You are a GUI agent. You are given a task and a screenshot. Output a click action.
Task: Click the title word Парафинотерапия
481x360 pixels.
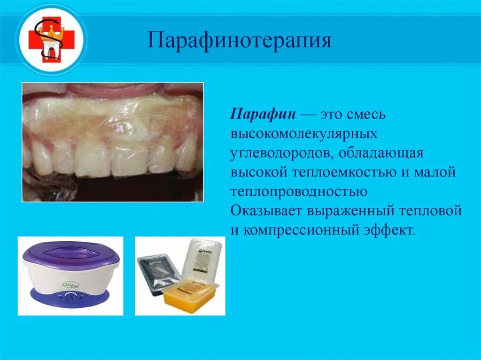coord(240,40)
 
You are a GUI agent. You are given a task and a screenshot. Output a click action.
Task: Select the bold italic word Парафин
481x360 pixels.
coord(263,115)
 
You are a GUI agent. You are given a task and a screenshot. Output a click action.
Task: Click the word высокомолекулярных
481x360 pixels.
coord(304,134)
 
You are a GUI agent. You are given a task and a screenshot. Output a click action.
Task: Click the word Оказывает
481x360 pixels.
coord(266,211)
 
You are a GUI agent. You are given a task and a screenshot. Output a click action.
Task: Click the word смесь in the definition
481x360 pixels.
coord(366,115)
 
